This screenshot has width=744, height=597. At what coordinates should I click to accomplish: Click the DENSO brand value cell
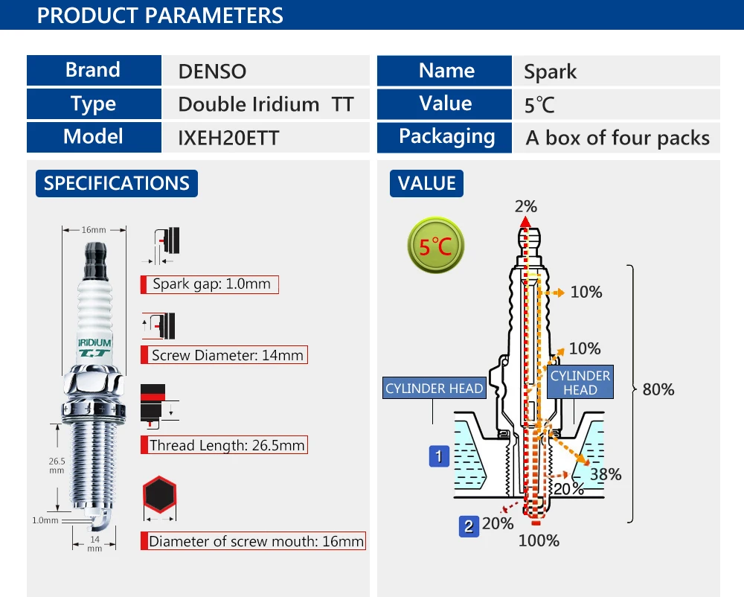point(266,71)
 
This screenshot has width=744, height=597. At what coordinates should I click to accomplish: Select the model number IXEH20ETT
point(228,138)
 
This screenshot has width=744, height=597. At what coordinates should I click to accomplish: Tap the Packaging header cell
point(445,138)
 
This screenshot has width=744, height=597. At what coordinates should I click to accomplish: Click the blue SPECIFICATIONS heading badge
point(117,183)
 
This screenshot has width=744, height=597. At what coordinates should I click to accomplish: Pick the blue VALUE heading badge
point(426,183)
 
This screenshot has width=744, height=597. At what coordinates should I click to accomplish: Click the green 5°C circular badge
point(435,245)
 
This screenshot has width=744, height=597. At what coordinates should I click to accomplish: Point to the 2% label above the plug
point(526,206)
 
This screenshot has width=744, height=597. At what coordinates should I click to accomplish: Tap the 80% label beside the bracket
point(658,389)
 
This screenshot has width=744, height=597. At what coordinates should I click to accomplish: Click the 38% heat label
point(606,474)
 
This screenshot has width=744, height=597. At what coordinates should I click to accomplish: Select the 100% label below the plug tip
point(539,540)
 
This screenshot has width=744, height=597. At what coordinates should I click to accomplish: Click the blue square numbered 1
point(439,456)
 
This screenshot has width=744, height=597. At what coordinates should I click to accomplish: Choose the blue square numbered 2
point(469,526)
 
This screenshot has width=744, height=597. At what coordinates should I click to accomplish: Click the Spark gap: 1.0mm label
point(210,284)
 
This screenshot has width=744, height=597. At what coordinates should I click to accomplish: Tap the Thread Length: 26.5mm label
point(225,444)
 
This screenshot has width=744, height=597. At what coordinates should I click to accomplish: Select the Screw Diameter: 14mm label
point(225,355)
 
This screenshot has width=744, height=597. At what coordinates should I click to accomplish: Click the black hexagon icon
point(159,494)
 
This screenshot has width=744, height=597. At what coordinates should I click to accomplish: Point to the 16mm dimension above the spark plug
point(94,230)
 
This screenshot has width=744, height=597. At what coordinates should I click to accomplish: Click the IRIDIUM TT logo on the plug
point(94,348)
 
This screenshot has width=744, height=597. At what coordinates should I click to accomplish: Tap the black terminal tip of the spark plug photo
point(96,261)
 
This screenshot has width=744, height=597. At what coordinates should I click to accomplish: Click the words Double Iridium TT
point(266,104)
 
